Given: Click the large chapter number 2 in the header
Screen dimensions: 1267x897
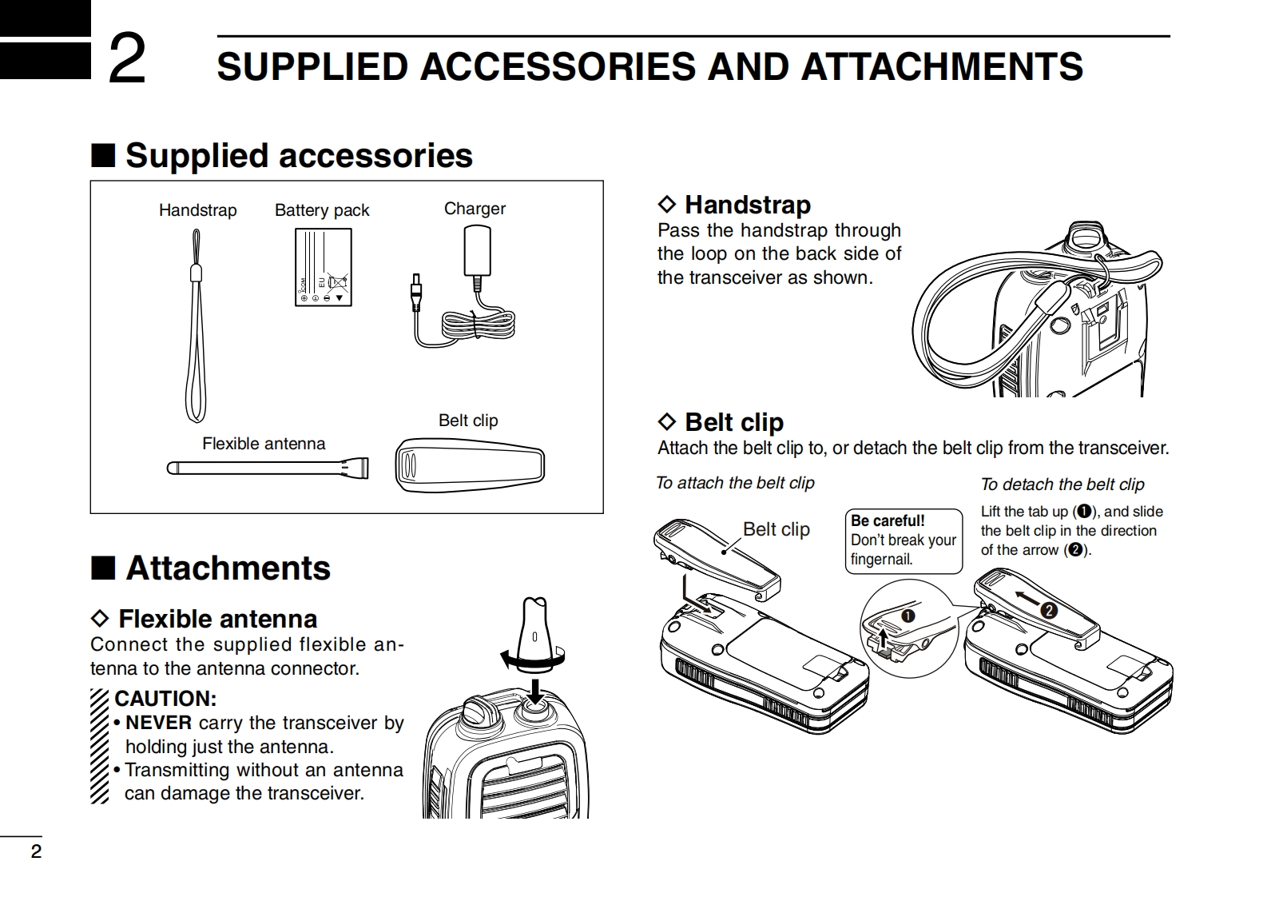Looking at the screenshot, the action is tap(127, 58).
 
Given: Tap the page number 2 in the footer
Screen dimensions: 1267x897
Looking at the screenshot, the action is tap(36, 851).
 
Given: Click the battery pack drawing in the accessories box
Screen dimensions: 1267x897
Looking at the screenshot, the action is tap(323, 267).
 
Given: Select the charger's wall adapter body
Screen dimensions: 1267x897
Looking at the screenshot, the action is tap(477, 251).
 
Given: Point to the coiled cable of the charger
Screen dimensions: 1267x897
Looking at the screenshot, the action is tap(478, 325).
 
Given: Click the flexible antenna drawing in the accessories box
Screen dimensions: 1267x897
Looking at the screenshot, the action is tap(268, 468).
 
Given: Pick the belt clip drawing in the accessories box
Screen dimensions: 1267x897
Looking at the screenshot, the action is tap(470, 465).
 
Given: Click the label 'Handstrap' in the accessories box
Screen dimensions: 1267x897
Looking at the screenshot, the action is tap(197, 210).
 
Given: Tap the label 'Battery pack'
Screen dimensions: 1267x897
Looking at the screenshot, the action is tap(322, 210).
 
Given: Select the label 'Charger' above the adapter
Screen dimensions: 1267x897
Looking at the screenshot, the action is tap(475, 209).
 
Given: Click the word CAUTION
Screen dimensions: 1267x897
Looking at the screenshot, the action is tap(165, 699).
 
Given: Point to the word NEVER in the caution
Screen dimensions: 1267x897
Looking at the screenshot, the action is tap(158, 723).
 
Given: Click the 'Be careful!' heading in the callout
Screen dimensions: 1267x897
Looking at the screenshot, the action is tap(888, 520).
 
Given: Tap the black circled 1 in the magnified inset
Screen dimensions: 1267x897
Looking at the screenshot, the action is tap(908, 615).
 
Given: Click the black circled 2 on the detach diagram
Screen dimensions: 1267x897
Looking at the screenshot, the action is tap(1049, 610).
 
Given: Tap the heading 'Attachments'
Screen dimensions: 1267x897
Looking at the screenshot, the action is tap(228, 568).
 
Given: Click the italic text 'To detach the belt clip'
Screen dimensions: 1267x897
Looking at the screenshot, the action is tap(1062, 484).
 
